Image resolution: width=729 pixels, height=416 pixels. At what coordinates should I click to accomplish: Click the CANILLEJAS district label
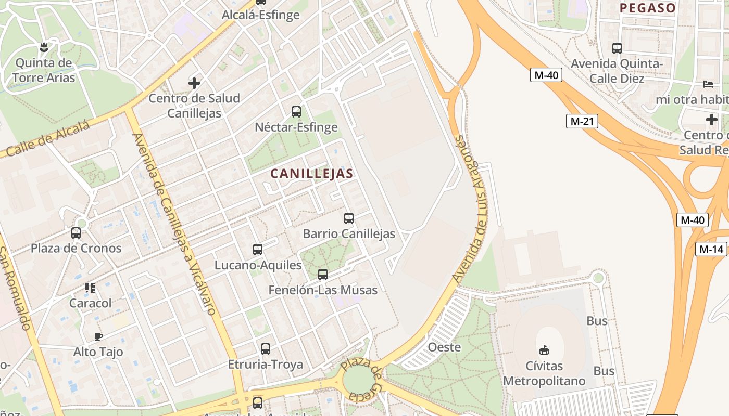click(312, 174)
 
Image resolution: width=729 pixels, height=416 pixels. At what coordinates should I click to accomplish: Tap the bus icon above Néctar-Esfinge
click(296, 111)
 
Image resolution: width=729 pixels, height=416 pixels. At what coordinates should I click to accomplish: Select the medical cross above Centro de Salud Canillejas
click(194, 83)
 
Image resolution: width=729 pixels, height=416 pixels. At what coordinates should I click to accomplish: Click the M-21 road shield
click(582, 121)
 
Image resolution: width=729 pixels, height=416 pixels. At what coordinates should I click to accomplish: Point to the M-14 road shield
click(711, 249)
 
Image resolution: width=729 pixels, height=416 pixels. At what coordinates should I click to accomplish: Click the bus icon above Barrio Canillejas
click(349, 218)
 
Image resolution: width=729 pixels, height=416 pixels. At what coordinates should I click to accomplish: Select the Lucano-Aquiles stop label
click(258, 265)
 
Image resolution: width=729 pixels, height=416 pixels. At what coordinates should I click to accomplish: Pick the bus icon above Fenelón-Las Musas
click(323, 275)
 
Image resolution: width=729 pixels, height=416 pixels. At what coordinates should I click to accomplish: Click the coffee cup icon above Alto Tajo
click(98, 336)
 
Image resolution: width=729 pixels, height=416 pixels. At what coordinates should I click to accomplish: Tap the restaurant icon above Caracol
click(90, 288)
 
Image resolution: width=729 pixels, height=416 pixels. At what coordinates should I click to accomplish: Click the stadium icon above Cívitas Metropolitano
click(544, 349)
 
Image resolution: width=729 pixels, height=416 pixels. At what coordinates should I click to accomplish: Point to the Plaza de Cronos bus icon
click(76, 233)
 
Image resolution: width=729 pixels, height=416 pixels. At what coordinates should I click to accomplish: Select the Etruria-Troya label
click(266, 365)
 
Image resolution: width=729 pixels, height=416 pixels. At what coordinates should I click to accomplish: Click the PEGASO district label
click(648, 8)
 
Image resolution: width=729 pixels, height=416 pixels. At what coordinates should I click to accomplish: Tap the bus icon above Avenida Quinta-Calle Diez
click(617, 48)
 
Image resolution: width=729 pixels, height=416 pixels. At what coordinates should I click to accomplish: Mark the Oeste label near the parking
click(444, 347)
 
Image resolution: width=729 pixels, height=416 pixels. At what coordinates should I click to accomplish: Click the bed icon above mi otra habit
click(708, 84)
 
